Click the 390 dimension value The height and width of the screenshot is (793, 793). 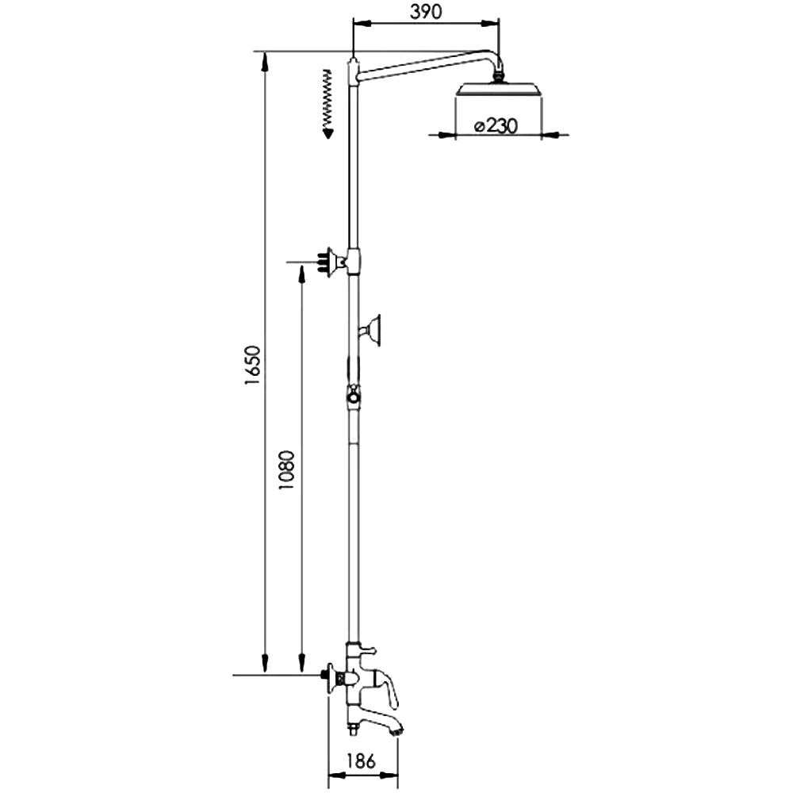point(426,11)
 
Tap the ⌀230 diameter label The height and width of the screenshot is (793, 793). point(496,125)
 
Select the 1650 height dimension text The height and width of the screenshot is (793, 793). point(252,365)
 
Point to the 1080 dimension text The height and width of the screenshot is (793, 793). point(287,469)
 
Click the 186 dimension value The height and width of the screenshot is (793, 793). point(361,760)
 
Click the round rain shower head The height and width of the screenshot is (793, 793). point(499,89)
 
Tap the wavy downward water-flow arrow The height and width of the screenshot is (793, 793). point(328,104)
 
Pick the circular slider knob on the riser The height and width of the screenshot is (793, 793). point(354,397)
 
